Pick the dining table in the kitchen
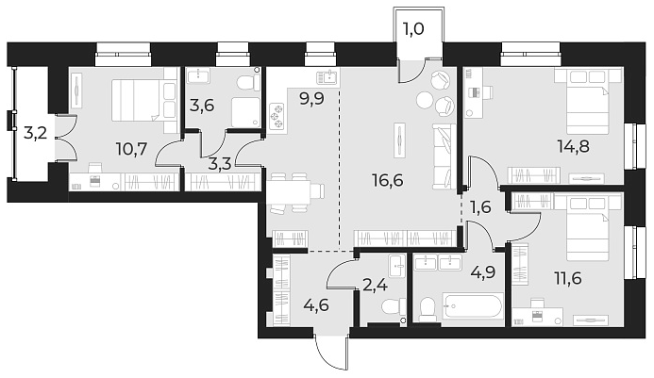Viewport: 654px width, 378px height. [x=294, y=191]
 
